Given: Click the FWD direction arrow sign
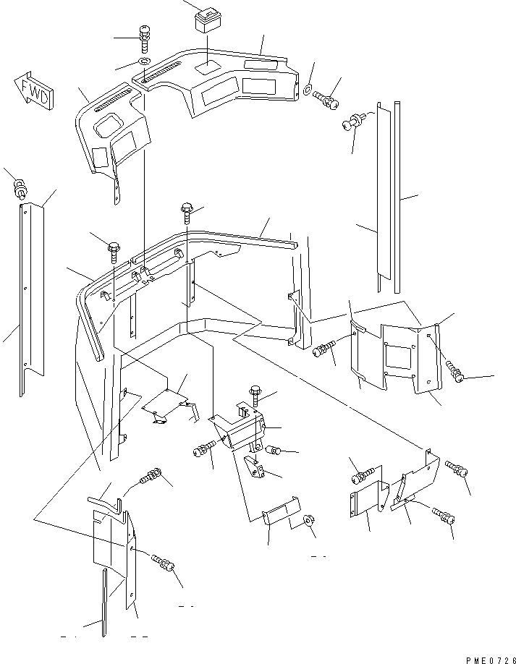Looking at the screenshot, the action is click(x=33, y=90).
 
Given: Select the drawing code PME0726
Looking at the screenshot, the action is click(x=491, y=660).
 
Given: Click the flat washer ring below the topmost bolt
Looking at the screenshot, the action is click(x=144, y=61).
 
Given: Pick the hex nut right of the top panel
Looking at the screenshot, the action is click(x=308, y=89).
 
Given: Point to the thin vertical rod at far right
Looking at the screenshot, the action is click(x=397, y=197).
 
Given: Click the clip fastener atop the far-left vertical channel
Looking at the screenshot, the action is click(x=20, y=188).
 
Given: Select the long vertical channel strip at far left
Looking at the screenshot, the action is click(x=31, y=299).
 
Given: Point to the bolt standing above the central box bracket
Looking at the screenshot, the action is click(x=255, y=396).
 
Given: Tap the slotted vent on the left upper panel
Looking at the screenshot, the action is click(x=111, y=101).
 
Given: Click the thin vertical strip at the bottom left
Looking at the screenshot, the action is click(x=103, y=603).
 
